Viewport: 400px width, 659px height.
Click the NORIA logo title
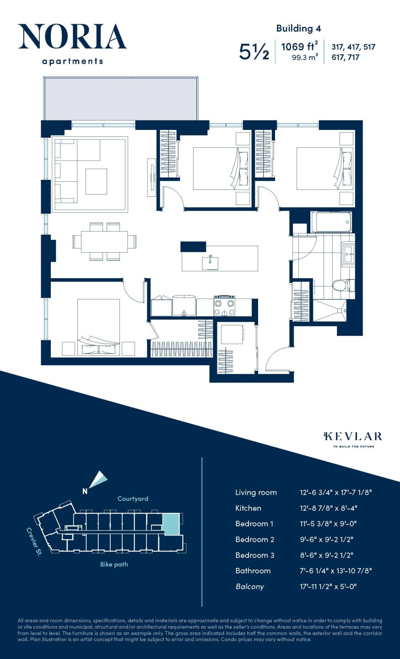click(72, 37)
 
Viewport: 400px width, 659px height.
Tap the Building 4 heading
click(298, 28)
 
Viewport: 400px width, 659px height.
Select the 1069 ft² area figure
click(299, 47)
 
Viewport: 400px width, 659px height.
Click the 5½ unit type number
click(254, 52)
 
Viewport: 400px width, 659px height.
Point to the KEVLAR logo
click(353, 437)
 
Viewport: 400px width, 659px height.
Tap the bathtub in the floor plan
click(331, 222)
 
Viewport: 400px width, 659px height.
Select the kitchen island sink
click(210, 262)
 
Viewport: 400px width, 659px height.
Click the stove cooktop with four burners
click(224, 306)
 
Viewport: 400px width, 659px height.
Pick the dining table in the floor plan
click(104, 241)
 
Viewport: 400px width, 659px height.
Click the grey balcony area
click(121, 98)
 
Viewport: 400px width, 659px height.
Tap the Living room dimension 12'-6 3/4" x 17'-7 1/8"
click(336, 492)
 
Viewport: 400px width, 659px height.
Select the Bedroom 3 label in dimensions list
click(254, 555)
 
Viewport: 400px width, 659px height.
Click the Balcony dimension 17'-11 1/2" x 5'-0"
click(328, 586)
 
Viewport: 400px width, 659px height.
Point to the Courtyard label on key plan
click(133, 499)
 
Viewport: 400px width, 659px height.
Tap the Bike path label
click(114, 564)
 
